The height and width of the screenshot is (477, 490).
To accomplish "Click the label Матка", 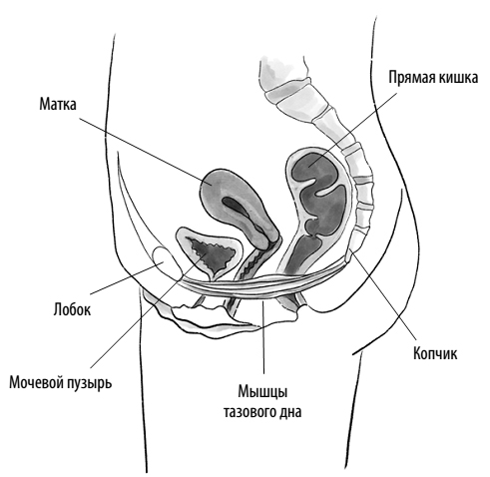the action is [x=58, y=104].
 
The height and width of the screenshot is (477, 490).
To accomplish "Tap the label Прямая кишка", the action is [x=433, y=78].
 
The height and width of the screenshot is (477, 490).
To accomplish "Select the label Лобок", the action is [x=72, y=309].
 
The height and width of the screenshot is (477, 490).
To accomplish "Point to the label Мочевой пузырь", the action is [x=60, y=383].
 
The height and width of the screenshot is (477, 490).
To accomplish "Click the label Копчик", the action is [x=435, y=353].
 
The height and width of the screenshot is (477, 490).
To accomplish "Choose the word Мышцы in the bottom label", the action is [x=262, y=392].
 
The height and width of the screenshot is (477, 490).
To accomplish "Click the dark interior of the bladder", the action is [x=212, y=253].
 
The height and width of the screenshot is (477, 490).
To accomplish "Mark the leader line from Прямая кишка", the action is [x=352, y=130].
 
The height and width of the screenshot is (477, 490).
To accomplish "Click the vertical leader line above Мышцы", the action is [x=263, y=336].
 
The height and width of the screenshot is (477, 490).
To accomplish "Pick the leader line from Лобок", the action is [x=128, y=278].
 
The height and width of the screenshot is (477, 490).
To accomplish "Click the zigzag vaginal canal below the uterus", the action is [x=252, y=267].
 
